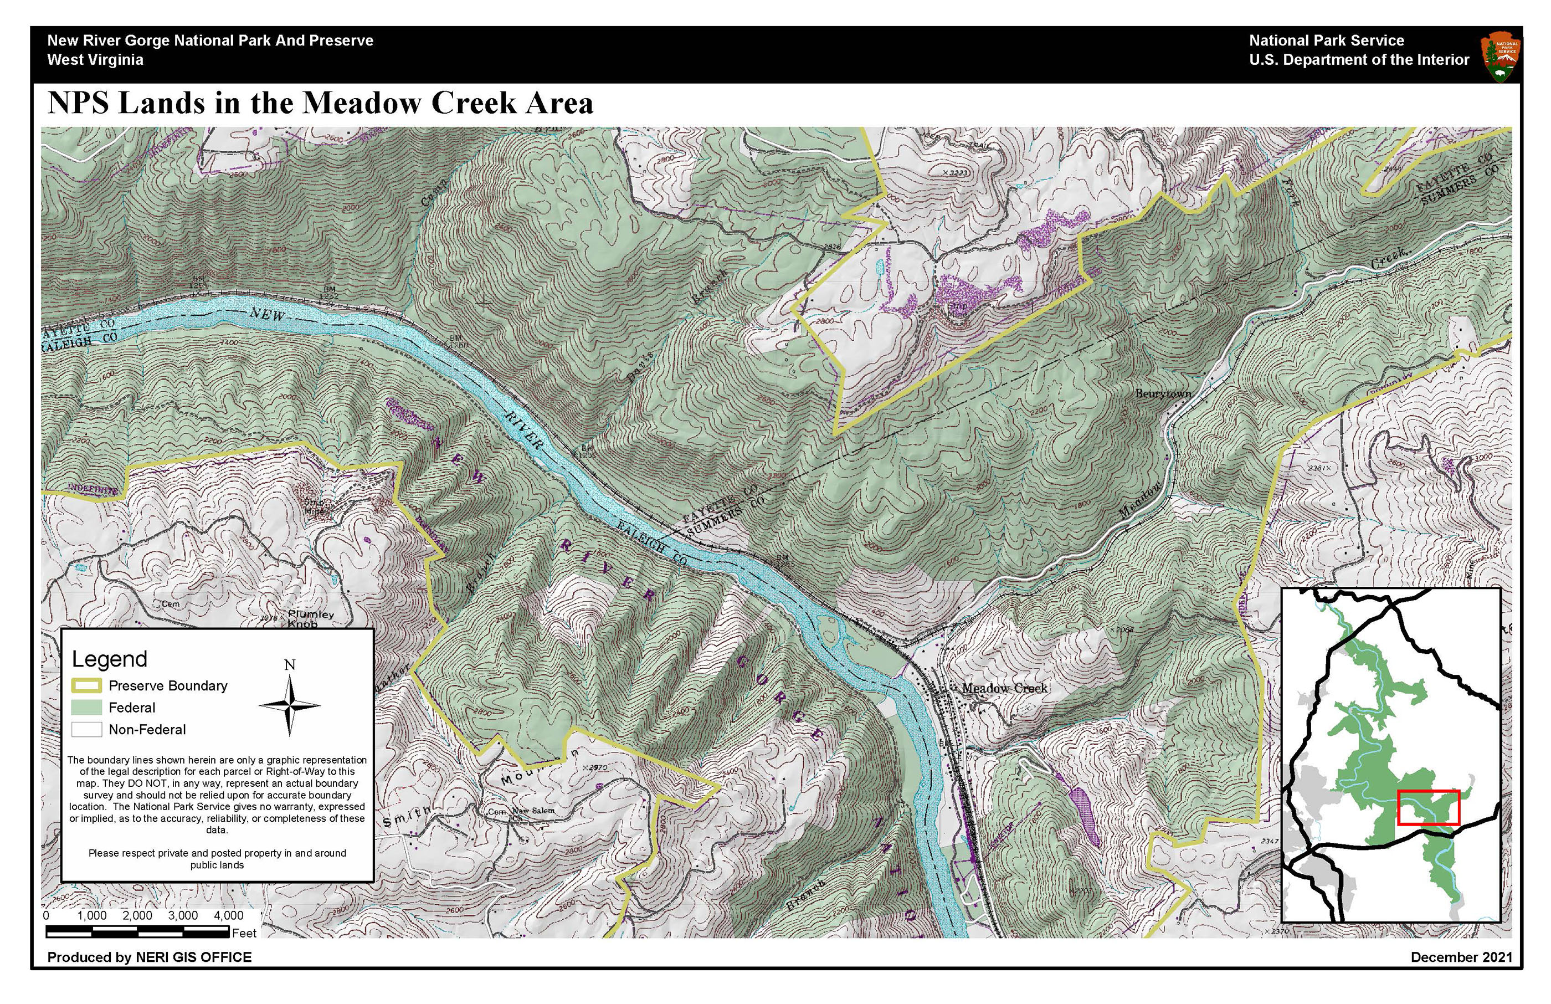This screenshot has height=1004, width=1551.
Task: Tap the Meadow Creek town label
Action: pyautogui.click(x=1004, y=689)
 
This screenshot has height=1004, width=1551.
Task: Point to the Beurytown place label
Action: pyautogui.click(x=1163, y=394)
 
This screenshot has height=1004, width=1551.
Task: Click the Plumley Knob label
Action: pyautogui.click(x=310, y=619)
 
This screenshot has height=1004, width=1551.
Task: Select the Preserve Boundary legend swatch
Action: pyautogui.click(x=86, y=686)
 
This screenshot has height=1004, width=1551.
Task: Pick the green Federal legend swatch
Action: pyautogui.click(x=86, y=708)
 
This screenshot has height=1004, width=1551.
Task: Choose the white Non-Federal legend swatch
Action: pyautogui.click(x=86, y=730)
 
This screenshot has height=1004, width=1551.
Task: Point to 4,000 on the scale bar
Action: pyautogui.click(x=229, y=916)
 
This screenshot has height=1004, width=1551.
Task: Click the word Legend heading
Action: pyautogui.click(x=110, y=659)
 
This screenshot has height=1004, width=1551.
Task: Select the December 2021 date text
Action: pyautogui.click(x=1461, y=957)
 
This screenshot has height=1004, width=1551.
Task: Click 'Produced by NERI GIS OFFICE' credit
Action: pyautogui.click(x=149, y=957)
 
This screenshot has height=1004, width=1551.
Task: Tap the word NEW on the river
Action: pyautogui.click(x=267, y=315)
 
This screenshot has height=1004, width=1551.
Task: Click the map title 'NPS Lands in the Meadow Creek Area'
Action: pyautogui.click(x=320, y=103)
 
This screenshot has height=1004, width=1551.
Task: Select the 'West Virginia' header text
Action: pyautogui.click(x=95, y=60)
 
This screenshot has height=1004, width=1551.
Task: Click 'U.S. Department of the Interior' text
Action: pyautogui.click(x=1359, y=60)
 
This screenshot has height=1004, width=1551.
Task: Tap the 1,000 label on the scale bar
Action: pyautogui.click(x=92, y=916)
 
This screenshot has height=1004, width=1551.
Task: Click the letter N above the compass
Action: pyautogui.click(x=290, y=665)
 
